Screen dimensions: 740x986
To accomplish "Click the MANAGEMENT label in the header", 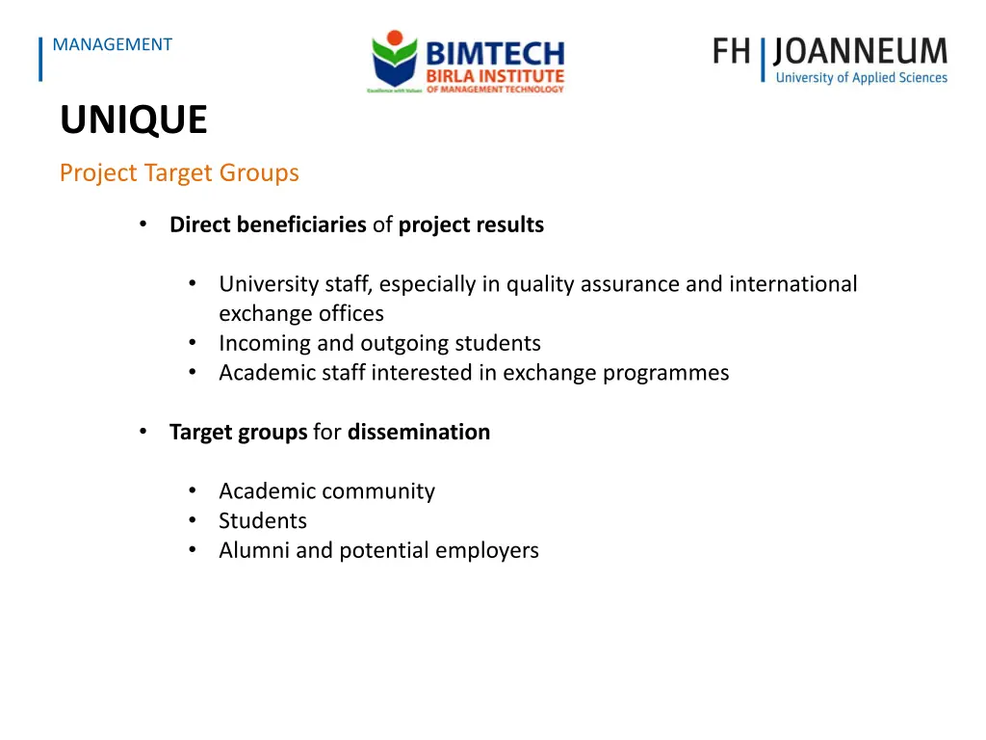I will (113, 44).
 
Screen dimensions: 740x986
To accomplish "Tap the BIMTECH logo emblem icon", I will (395, 60).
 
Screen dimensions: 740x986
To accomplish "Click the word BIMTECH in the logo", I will (495, 52).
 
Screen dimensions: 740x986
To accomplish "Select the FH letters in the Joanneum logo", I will (732, 51).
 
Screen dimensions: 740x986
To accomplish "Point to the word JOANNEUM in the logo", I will (861, 51).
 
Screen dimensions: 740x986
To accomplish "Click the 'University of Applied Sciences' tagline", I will (861, 78).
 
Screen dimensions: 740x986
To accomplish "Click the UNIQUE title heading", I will (133, 120).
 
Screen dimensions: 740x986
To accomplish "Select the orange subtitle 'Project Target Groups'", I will (179, 173).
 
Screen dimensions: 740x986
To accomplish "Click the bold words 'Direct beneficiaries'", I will (268, 225).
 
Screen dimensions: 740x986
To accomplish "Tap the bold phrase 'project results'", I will (471, 225).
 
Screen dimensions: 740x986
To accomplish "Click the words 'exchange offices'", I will (301, 314).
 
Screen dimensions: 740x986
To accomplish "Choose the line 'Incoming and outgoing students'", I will (379, 344).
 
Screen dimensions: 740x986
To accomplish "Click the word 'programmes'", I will (665, 373).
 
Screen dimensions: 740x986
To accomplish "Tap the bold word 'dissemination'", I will (419, 433).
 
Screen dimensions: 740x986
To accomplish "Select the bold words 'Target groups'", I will (238, 433).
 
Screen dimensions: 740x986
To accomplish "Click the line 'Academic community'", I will (326, 491).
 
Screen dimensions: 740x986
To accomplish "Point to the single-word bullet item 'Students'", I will (263, 521).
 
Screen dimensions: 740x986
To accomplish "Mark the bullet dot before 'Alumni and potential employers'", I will (194, 550).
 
